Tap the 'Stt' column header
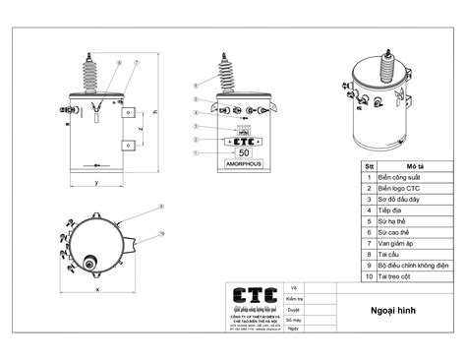[x=370, y=166]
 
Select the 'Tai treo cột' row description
[x=397, y=276]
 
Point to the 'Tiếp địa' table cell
[x=390, y=210]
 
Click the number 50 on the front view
[x=244, y=152]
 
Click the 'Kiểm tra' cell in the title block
[x=293, y=297]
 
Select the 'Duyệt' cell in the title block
[x=292, y=309]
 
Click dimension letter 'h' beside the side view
[x=155, y=111]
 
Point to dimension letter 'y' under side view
[x=95, y=183]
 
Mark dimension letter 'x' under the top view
[x=98, y=289]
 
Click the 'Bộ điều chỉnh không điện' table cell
[x=413, y=265]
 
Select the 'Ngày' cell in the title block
[x=291, y=331]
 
